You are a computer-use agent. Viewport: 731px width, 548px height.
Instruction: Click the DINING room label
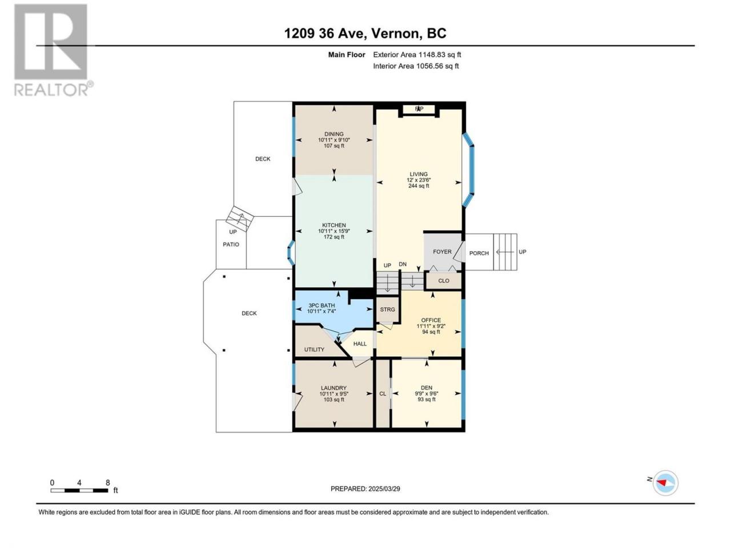[x=334, y=134]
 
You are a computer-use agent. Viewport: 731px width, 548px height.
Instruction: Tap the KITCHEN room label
[x=334, y=225]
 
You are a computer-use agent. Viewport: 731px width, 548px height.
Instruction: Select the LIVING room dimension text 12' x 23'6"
[x=418, y=180]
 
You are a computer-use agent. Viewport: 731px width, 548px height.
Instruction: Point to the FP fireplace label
[x=419, y=109]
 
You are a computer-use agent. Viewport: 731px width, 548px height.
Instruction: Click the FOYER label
[x=442, y=252]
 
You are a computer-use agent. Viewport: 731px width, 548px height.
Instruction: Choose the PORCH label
[x=479, y=253]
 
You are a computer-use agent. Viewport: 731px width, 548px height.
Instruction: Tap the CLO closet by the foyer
[x=443, y=281]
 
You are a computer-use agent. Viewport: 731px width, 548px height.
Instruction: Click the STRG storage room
[x=387, y=309]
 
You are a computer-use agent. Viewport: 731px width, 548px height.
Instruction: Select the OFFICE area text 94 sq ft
[x=431, y=332]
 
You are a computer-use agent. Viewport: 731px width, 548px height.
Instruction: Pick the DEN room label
[x=426, y=388]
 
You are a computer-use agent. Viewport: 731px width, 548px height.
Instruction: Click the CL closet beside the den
[x=383, y=394]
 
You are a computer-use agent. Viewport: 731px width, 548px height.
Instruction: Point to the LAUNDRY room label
[x=334, y=388]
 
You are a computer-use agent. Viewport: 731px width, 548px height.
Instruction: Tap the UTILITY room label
[x=314, y=349]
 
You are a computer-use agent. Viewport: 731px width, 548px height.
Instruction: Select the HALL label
[x=360, y=344]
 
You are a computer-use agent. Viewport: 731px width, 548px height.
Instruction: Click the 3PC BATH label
[x=322, y=305]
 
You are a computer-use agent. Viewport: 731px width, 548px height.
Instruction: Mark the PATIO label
[x=231, y=244]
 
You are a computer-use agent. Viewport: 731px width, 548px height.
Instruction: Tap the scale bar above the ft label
[x=79, y=490]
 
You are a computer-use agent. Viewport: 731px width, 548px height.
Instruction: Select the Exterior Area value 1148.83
[x=432, y=55]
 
